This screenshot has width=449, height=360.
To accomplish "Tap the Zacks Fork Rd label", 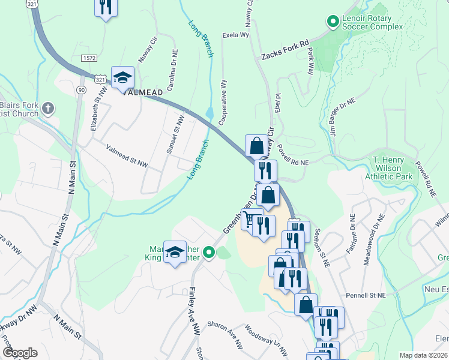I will (x=285, y=50).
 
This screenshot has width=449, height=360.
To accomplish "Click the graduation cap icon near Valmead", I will (x=122, y=78).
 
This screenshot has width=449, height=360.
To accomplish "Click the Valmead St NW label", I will (x=127, y=155).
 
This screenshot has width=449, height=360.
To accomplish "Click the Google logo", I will (x=20, y=353).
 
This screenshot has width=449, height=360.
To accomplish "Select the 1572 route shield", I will (x=89, y=58).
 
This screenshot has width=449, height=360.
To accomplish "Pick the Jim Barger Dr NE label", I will (x=343, y=113).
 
